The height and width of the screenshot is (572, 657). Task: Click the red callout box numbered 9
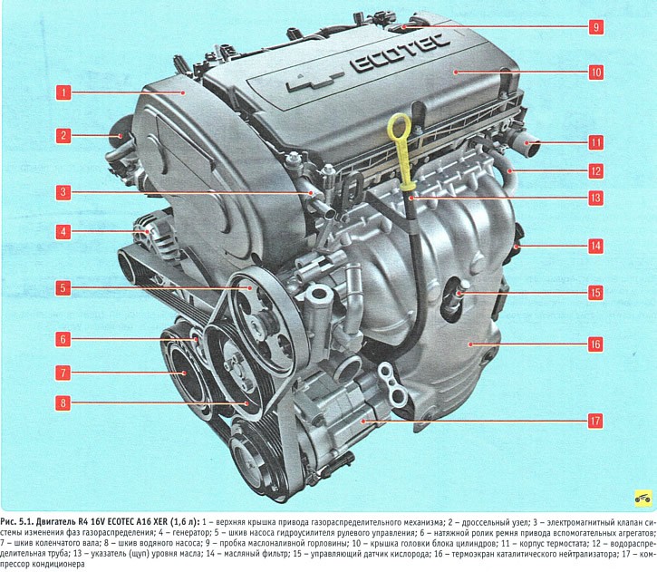point(595,27)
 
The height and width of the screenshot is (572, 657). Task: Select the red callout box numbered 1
point(63,92)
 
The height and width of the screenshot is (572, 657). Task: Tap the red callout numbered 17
point(595,421)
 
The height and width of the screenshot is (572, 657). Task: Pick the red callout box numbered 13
point(595,198)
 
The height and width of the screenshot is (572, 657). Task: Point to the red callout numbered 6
point(63,339)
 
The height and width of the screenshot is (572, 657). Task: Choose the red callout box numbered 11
point(595,142)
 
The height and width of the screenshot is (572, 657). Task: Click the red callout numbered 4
point(63,231)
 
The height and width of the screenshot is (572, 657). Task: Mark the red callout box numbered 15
point(595,293)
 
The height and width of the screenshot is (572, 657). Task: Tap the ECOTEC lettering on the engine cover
point(401,54)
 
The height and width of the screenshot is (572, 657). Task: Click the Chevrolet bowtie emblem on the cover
point(315,82)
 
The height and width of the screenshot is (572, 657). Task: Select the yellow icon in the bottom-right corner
point(643,499)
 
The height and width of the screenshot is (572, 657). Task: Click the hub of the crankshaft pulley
point(184,373)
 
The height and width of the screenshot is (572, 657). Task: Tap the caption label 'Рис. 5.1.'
point(16,522)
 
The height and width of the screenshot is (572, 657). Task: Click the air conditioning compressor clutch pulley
point(251,457)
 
